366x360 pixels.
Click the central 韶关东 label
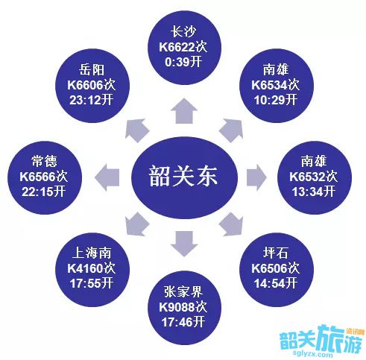click(183, 176)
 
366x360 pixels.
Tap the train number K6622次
click(183, 47)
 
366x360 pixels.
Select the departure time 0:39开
click(183, 61)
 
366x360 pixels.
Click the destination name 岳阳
click(92, 69)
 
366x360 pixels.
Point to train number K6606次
click(92, 85)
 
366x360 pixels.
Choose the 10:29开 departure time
click(275, 100)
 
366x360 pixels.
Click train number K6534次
click(275, 85)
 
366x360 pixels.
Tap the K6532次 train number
click(313, 177)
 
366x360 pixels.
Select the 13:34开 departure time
click(313, 192)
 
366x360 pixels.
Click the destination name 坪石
click(275, 253)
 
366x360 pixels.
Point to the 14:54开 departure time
click(275, 283)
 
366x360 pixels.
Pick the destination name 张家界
click(183, 291)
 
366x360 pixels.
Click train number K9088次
click(183, 307)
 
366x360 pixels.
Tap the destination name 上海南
click(92, 253)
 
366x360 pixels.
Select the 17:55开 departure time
click(92, 283)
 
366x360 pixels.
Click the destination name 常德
click(44, 161)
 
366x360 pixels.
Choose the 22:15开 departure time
click(44, 192)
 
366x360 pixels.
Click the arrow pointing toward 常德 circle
click(107, 177)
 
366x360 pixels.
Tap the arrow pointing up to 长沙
click(184, 111)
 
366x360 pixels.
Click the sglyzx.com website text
click(312, 353)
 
